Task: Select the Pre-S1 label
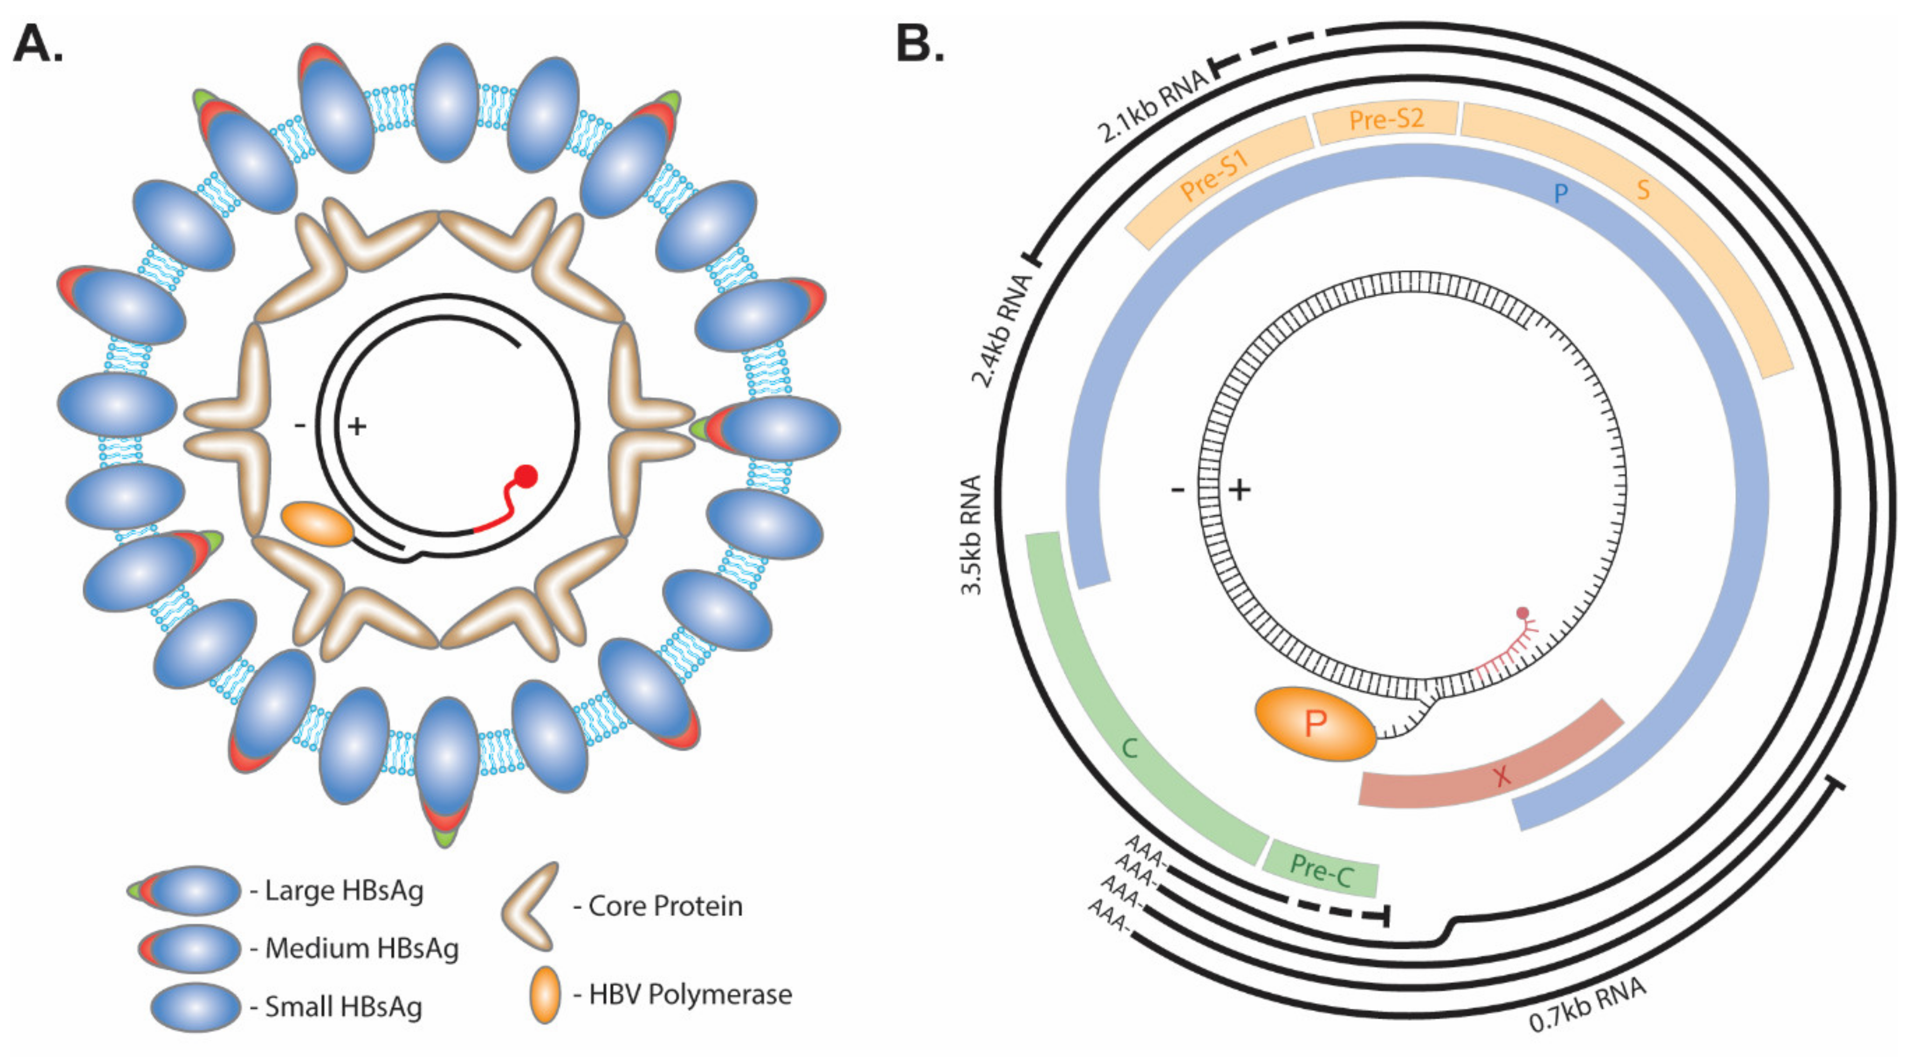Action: click(x=1214, y=176)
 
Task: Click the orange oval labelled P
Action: click(x=1315, y=723)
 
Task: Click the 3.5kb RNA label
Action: click(x=971, y=534)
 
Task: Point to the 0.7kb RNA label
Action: click(x=1587, y=1006)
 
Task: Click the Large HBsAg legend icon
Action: click(x=185, y=890)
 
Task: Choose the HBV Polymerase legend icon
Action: click(x=545, y=994)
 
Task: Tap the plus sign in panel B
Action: click(x=1240, y=490)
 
